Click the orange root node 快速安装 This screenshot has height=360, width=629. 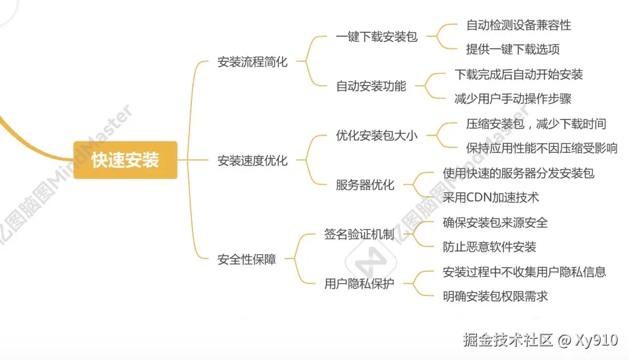pos(126,160)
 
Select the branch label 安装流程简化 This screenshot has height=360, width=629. pos(252,62)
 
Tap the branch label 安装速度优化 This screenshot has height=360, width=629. pos(252,161)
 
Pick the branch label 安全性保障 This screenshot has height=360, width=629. pos(246,260)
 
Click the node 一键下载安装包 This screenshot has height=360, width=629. pos(377,37)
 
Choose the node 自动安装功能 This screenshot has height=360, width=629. pos(371,86)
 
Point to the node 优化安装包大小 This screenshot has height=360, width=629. pos(377,136)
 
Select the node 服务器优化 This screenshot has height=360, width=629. pos(365,185)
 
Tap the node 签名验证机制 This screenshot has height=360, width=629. pos(359,235)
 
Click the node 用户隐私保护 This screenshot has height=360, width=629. pos(359,284)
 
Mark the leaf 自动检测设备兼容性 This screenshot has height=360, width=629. pos(519,25)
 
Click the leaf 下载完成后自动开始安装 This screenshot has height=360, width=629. pos(519,74)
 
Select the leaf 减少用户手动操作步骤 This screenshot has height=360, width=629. pos(512,98)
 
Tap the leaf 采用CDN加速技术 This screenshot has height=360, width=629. pos(491,198)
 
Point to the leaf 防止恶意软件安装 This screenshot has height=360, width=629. pos(490,247)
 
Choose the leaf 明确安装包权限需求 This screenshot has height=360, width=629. pos(495,296)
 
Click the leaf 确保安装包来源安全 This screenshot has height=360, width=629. pos(495,222)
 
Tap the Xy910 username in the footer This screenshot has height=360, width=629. pos(596,340)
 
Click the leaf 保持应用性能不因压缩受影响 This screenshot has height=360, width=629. pos(541,148)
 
